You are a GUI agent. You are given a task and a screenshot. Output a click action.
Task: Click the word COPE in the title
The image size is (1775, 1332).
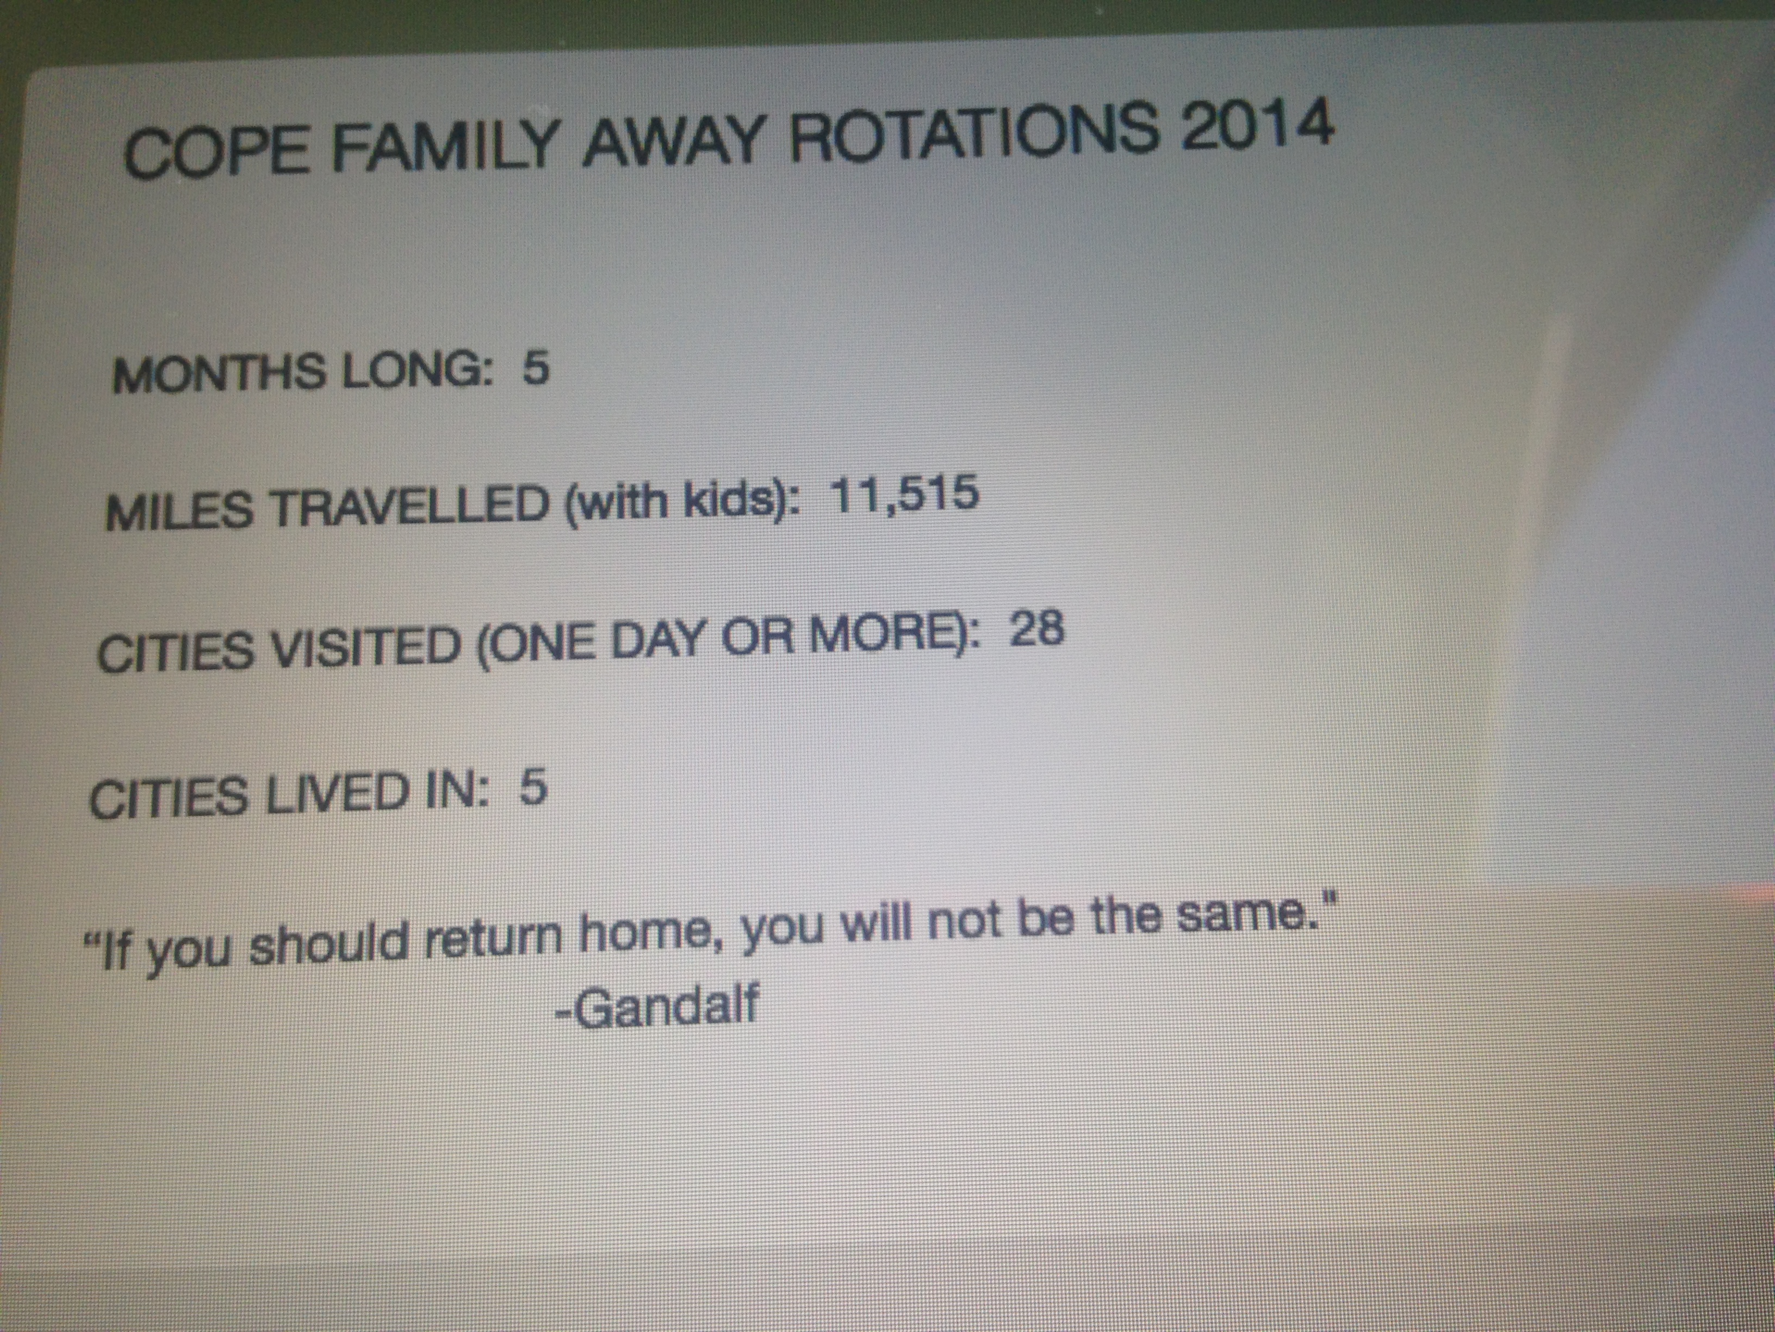tap(216, 151)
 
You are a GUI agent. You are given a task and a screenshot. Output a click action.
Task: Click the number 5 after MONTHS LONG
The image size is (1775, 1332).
tap(536, 368)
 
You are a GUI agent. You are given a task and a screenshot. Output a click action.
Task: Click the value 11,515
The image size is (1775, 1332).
tap(904, 493)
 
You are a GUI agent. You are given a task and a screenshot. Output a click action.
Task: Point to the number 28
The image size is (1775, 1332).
tap(1036, 628)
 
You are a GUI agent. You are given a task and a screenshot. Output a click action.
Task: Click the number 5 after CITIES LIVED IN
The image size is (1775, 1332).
tap(533, 788)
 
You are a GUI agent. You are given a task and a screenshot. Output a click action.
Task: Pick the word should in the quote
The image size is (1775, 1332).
tap(326, 945)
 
